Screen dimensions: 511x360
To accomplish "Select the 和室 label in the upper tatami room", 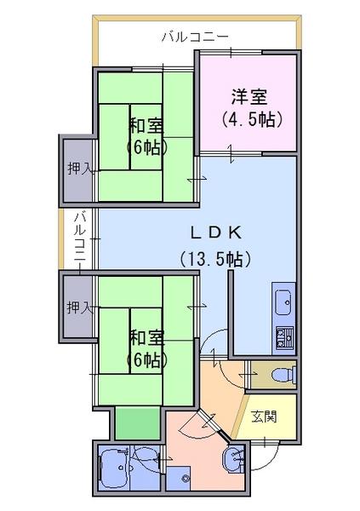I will (x=146, y=126).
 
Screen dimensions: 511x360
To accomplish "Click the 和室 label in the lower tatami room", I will (x=146, y=337).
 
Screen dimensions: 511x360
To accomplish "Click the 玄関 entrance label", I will (x=264, y=416).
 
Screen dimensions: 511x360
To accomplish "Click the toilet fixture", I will (x=279, y=373).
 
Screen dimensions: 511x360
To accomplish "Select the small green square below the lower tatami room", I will (x=137, y=422).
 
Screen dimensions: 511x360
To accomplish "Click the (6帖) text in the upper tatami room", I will (x=146, y=146).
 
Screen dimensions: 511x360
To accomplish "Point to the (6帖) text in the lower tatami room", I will (x=146, y=358).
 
